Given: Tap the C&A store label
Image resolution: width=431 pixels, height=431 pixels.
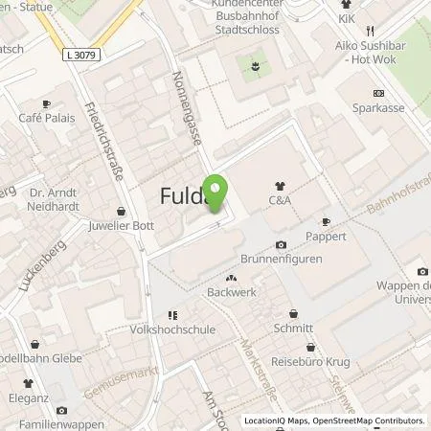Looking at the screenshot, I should tap(280, 201).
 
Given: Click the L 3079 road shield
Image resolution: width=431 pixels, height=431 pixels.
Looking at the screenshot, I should tap(84, 57).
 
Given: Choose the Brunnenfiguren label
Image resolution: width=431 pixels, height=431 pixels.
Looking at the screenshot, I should tap(281, 259).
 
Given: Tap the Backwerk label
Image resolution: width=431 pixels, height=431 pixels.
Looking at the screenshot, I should tap(229, 292).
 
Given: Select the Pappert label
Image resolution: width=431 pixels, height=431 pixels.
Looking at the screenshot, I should tap(327, 236).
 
